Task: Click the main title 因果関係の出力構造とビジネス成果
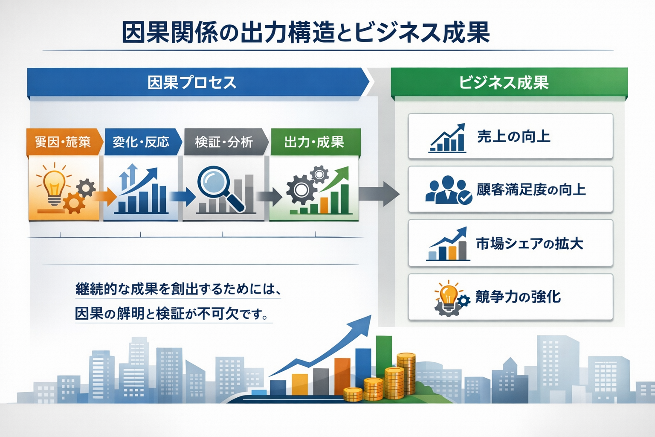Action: (305, 32)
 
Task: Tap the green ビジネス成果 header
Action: (504, 82)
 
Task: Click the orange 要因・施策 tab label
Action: (63, 142)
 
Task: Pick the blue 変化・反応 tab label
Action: (141, 142)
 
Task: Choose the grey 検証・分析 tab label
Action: (223, 142)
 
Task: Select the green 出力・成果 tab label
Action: (314, 142)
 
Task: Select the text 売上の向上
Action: (513, 137)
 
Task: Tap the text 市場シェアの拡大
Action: (529, 244)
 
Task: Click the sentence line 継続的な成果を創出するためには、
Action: (178, 289)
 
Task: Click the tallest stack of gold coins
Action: (406, 374)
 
